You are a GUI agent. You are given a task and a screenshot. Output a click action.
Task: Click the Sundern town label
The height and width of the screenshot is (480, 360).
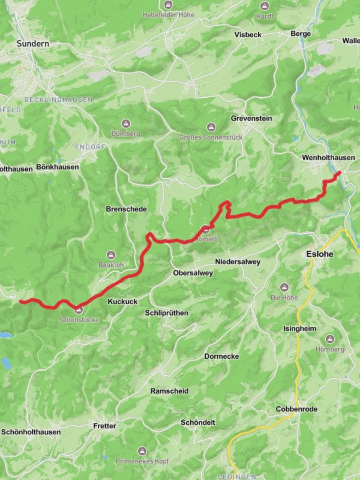tap(33, 44)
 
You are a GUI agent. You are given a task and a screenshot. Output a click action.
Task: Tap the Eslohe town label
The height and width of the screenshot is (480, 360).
tap(320, 254)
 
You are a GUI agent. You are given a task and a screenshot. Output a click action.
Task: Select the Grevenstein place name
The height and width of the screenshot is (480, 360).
tap(251, 118)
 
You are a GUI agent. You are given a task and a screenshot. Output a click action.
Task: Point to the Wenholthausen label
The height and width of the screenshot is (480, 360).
tap(328, 157)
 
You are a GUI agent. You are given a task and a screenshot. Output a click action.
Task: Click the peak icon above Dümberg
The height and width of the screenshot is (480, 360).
tap(126, 124)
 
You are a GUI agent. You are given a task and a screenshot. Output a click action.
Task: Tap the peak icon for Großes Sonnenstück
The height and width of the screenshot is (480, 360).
tap(211, 128)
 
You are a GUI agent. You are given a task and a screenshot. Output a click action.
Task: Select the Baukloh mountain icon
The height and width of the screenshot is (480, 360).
tap(111, 255)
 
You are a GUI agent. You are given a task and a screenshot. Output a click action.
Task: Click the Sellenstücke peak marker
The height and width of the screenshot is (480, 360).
tap(79, 310)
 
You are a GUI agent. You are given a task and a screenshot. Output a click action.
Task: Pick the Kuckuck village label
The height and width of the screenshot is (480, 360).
tap(122, 301)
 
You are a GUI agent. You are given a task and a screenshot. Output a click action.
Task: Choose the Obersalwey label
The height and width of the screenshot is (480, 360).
tap(193, 273)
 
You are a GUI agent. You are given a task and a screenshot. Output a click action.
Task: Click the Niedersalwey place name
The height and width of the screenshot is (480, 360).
tap(237, 262)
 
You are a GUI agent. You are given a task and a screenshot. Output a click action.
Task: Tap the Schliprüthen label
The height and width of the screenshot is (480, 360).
tap(166, 313)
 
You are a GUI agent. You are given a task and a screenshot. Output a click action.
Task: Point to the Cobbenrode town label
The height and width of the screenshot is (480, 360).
tap(296, 409)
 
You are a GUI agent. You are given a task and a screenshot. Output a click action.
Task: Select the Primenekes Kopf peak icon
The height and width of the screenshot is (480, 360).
tap(142, 451)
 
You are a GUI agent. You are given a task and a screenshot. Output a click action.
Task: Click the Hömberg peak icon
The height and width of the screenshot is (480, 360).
tap(330, 340)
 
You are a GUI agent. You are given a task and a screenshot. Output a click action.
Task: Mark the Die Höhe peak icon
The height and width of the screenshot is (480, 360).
tap(284, 288)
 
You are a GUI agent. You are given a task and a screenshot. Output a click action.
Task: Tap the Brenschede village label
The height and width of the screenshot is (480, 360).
tap(126, 209)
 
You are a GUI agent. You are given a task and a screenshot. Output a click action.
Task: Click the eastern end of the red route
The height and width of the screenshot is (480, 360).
tap(340, 172)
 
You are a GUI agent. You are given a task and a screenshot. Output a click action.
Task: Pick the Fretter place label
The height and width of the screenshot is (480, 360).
tap(104, 426)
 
